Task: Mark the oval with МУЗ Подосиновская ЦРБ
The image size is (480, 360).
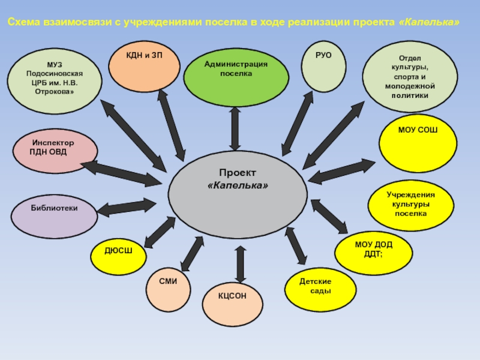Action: click(x=55, y=82)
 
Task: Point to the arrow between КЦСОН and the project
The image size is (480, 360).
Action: click(x=240, y=264)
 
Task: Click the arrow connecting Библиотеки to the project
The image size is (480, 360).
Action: click(x=126, y=208)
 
